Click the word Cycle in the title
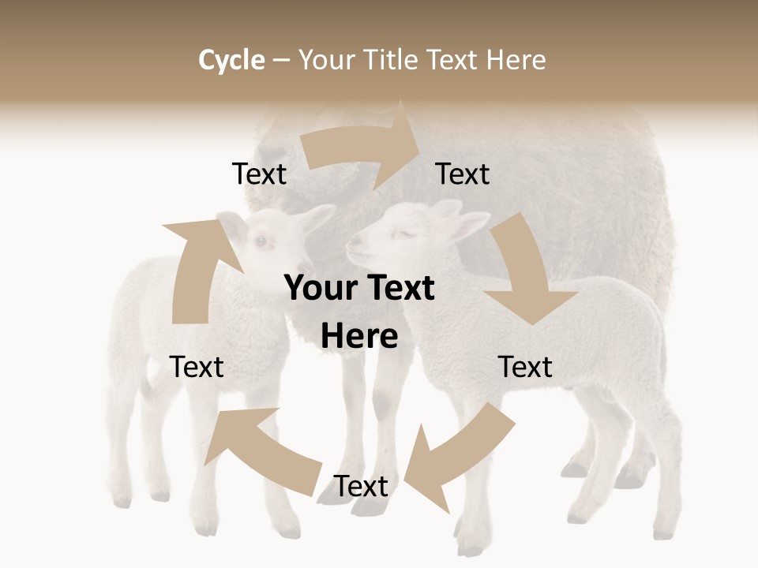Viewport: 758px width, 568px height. [x=231, y=59]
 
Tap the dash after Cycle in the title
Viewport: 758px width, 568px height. [x=281, y=60]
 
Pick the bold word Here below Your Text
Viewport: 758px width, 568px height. [x=359, y=337]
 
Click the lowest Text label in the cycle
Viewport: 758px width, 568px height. [x=361, y=487]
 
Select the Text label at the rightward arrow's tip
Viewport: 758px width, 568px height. [x=463, y=174]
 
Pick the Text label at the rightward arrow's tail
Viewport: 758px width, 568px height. [x=259, y=174]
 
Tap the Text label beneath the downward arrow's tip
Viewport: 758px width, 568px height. [x=525, y=367]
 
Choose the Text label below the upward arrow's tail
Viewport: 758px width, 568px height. [x=197, y=367]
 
